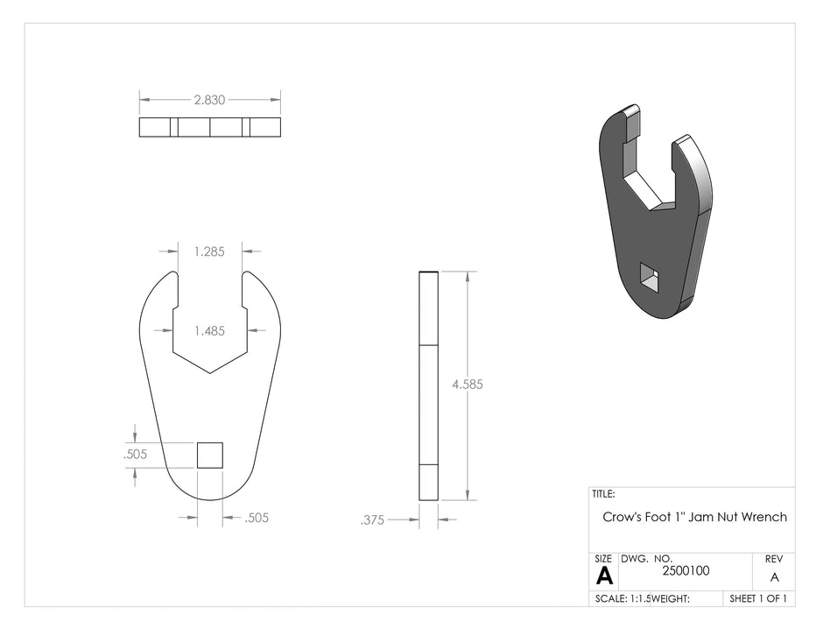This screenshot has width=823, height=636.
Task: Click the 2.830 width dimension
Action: (209, 100)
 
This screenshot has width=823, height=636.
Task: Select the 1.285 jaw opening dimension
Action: (209, 251)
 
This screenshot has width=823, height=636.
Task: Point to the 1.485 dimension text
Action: (209, 331)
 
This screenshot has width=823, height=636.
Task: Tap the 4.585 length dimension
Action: (468, 385)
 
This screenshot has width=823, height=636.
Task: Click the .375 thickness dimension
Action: (373, 520)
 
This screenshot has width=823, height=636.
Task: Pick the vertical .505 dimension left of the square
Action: (136, 455)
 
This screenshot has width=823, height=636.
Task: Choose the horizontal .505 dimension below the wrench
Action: (257, 518)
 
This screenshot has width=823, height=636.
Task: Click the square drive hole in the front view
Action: (210, 456)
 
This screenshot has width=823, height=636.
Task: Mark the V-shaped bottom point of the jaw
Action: (210, 373)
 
